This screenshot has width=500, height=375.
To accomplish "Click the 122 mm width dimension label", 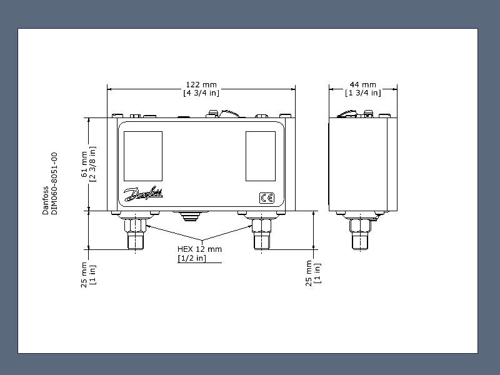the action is click(201, 85).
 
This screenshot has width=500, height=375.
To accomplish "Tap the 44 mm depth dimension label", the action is click(363, 85).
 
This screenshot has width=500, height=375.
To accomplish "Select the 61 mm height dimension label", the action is click(84, 164).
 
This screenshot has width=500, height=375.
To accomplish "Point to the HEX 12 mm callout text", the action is click(199, 249).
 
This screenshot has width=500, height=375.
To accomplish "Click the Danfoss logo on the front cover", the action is click(144, 193).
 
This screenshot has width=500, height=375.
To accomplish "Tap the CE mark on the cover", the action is click(267, 198).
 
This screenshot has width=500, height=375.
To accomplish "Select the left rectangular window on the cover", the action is click(143, 156).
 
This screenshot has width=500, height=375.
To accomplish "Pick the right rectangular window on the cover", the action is click(261, 156).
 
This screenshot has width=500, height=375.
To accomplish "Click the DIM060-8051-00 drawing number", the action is click(54, 183).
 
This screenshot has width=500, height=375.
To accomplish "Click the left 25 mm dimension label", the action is click(84, 274).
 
